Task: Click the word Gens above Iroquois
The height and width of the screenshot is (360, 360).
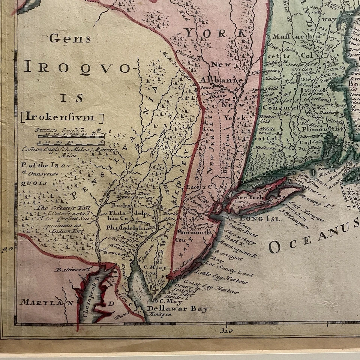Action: point(64,38)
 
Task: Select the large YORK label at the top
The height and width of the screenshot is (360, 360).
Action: point(214,33)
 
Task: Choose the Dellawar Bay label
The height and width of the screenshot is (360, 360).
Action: point(177,309)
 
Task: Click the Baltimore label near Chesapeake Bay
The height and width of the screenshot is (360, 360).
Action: point(72,269)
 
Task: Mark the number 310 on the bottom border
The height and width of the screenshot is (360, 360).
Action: point(227,330)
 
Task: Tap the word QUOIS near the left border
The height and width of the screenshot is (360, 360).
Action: point(29,183)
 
